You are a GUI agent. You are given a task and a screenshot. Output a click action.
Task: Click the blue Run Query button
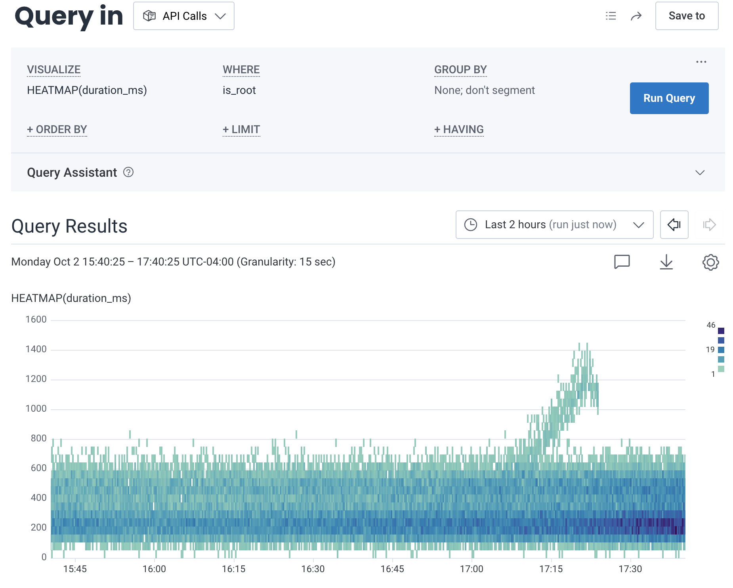point(669,98)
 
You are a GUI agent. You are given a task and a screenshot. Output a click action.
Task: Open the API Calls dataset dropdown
point(184,16)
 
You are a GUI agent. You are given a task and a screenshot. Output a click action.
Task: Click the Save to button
point(686,16)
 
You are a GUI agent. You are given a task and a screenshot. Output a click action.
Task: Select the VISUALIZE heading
point(53,70)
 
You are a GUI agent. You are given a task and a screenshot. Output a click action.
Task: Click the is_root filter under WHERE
point(239,90)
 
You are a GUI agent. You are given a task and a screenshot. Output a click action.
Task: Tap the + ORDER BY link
point(57,130)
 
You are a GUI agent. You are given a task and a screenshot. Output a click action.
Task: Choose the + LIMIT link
point(241,130)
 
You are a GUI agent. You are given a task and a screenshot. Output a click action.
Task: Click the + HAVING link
point(458,130)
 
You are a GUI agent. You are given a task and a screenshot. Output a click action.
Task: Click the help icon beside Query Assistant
point(128,172)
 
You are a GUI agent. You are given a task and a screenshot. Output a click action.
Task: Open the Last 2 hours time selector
point(554,225)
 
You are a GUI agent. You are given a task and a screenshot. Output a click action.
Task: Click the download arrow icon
point(666,262)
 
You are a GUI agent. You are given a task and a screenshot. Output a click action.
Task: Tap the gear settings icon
point(710,262)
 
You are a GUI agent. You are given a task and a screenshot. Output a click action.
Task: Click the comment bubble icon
point(622,262)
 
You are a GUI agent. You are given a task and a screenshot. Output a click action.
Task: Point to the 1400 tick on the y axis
point(36,349)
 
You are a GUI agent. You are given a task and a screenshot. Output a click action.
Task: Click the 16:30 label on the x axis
point(313,569)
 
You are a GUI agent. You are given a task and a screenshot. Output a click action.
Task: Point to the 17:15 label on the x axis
point(551,569)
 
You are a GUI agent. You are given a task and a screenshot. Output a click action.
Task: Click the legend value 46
point(711,325)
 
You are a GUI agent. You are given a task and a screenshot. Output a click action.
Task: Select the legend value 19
point(710,349)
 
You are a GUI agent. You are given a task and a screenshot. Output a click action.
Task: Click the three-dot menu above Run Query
point(701,62)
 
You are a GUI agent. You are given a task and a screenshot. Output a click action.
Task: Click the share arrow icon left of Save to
point(636,16)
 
